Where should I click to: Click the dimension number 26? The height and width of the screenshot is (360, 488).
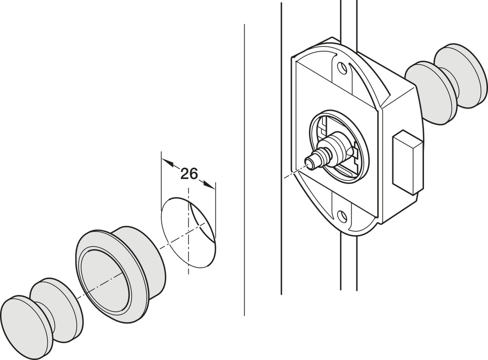(x=189, y=174)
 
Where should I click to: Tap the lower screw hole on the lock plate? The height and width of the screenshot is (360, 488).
(x=340, y=215)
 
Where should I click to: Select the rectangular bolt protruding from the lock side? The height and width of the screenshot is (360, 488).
(x=407, y=161)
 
